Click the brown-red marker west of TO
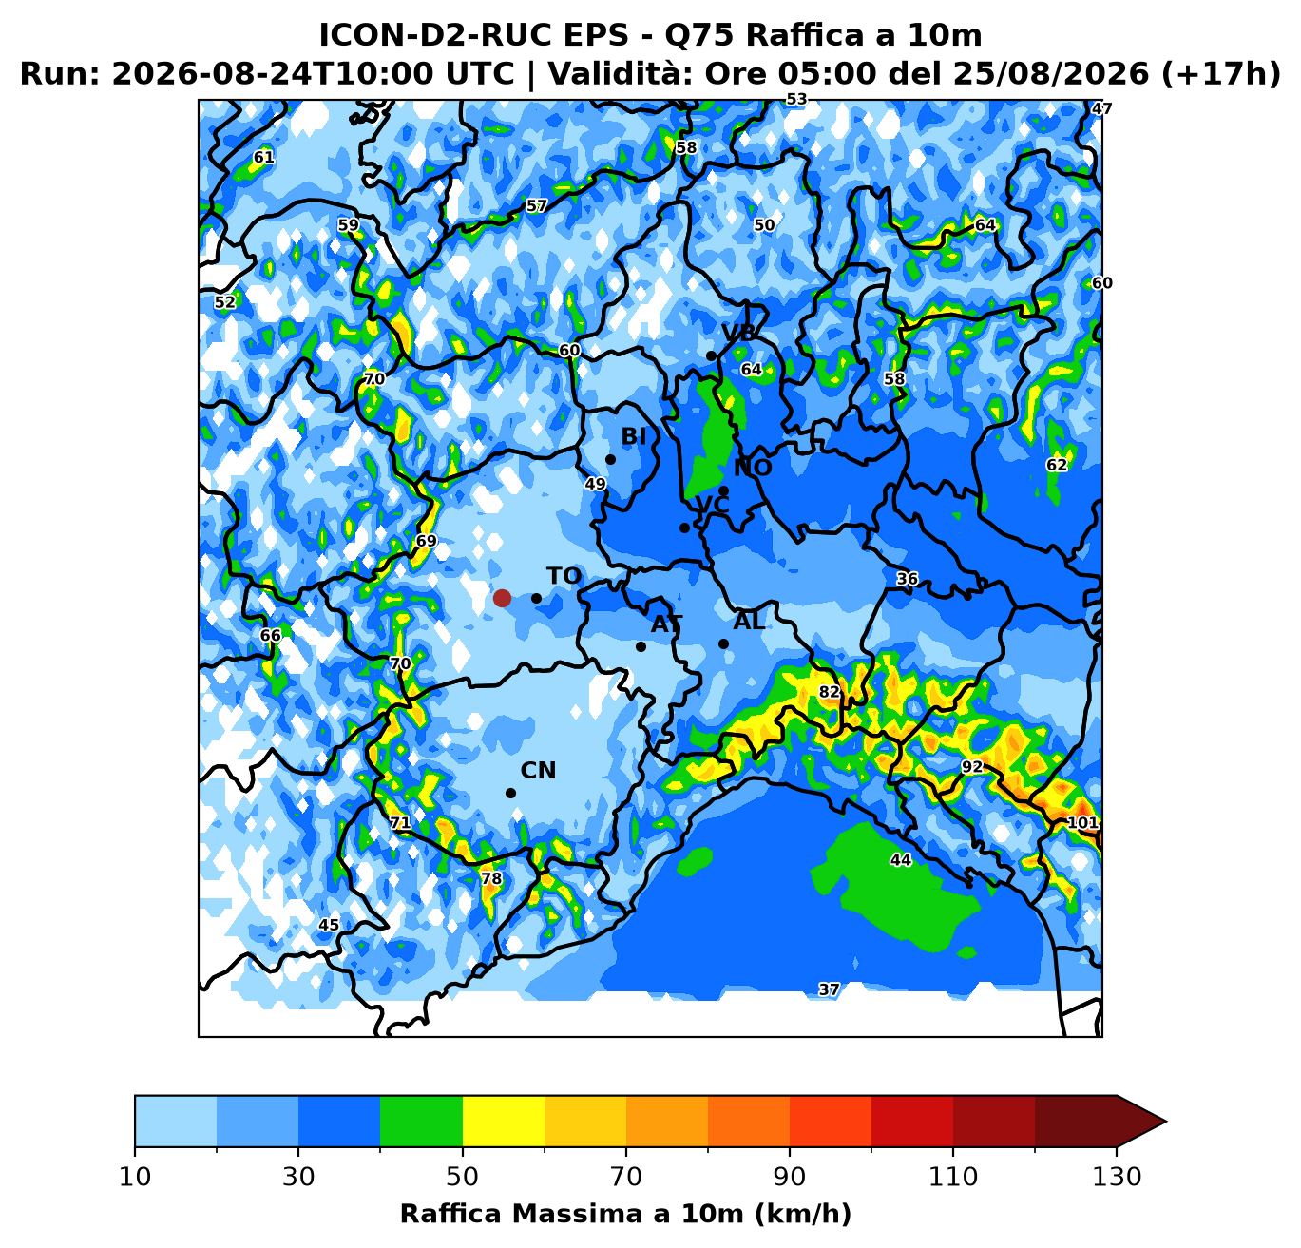click(502, 598)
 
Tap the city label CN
click(538, 771)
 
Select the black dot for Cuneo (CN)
click(510, 794)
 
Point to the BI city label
click(634, 436)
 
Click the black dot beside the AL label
click(723, 644)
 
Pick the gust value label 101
click(1082, 822)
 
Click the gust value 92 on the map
click(972, 767)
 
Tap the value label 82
click(829, 692)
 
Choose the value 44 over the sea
click(901, 860)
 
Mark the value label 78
click(491, 879)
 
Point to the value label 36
click(908, 579)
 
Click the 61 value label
click(264, 157)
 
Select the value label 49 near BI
click(595, 484)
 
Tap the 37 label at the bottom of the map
click(829, 989)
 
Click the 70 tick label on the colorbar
click(625, 1177)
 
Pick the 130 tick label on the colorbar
click(1117, 1177)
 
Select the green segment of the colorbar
click(421, 1121)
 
